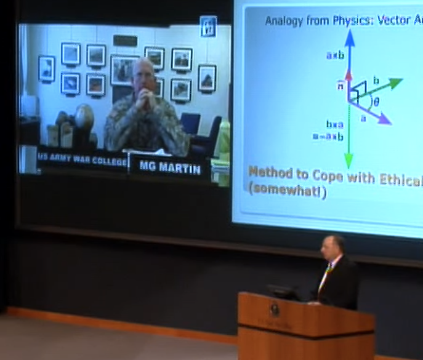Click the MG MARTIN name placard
[x=169, y=167]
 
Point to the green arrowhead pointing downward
[x=349, y=161]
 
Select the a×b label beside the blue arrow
[x=335, y=55]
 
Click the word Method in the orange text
[x=271, y=172]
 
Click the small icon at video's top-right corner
[x=208, y=26]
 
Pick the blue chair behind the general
[x=190, y=123]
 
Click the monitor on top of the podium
[x=283, y=292]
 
